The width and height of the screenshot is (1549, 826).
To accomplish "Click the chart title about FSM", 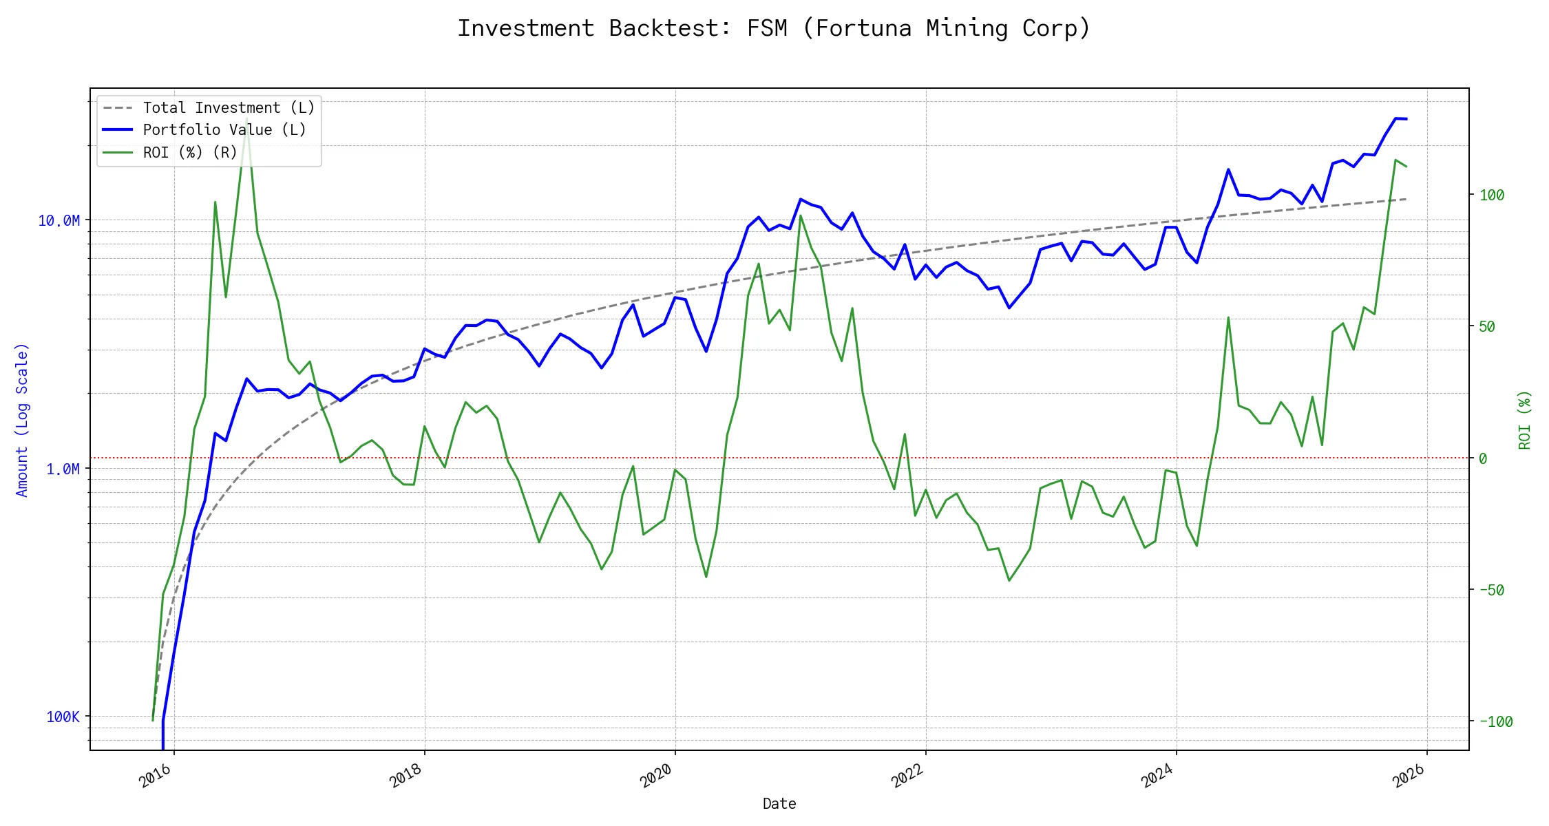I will pos(774,28).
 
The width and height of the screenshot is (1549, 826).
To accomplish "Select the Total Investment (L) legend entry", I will pos(228,108).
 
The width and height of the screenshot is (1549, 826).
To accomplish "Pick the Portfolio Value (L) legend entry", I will pos(224,130).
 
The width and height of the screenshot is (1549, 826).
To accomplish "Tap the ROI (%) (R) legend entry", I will pos(189,153).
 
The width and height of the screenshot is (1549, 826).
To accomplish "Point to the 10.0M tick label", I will pos(59,221).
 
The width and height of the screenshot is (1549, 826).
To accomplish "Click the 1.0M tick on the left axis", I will pos(63,469).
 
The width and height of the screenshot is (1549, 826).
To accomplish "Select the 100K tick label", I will pos(63,717).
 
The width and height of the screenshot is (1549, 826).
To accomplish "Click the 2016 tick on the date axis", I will pos(156,776).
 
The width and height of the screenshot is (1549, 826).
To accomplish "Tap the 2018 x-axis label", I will pos(406,776).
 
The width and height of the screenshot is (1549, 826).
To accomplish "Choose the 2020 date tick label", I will pos(657,776).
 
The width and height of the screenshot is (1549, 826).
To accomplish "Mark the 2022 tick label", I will pos(907,776).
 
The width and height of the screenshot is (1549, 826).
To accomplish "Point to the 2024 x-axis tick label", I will pos(1158,776).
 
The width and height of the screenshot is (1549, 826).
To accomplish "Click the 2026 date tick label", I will pos(1409,776).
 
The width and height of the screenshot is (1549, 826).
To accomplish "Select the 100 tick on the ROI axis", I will pos(1492,195).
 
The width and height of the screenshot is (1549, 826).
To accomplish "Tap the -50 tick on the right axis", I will pos(1492,591).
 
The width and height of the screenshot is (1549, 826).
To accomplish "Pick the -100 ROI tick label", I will pos(1495,722).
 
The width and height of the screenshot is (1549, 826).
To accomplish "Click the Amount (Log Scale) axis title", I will pos(22,420).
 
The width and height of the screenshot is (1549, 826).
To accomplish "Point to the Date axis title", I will pos(779,804).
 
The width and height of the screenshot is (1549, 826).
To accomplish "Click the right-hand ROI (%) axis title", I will pos(1525,420).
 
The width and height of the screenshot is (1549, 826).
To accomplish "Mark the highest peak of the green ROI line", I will pos(246,118).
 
